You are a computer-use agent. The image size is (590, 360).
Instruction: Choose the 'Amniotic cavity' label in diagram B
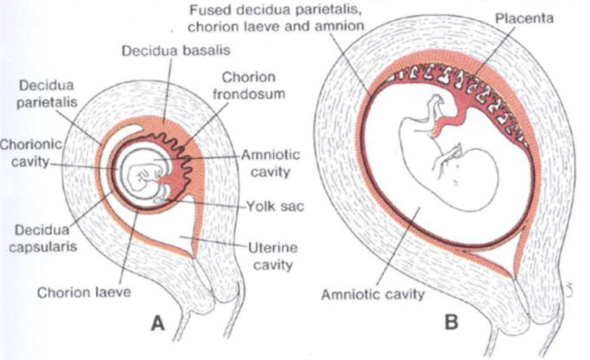[x=373, y=294]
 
